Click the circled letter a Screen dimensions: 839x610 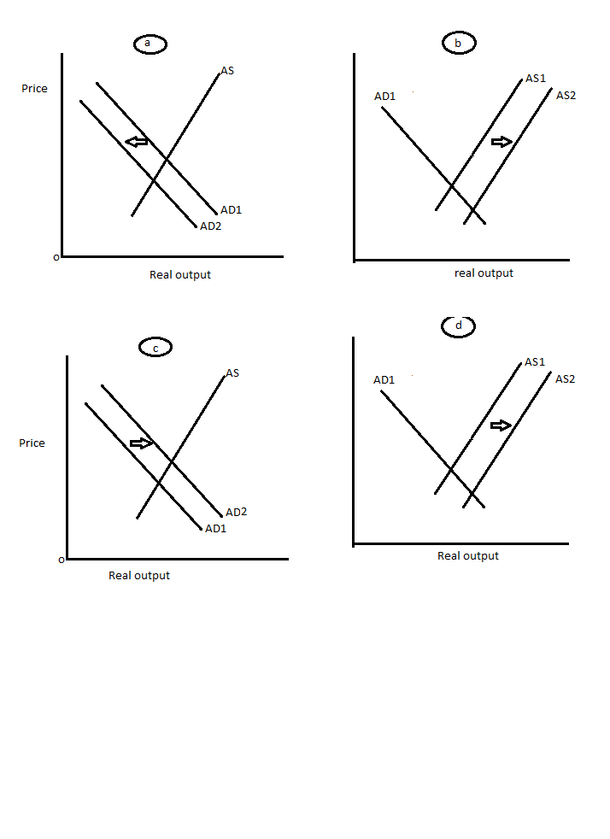(149, 44)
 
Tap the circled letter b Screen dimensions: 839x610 (459, 43)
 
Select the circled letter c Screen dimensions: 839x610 (155, 347)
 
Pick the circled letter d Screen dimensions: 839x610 (459, 326)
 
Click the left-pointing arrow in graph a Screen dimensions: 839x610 (137, 142)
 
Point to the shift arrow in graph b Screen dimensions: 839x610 (501, 141)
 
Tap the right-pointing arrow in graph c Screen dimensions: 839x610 (141, 443)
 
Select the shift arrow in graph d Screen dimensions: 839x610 (501, 425)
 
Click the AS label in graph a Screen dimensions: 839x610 (227, 70)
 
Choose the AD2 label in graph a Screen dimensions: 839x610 (210, 226)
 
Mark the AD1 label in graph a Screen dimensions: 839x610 (232, 209)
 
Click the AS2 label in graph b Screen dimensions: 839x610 (566, 95)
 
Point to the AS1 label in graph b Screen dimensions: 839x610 (536, 78)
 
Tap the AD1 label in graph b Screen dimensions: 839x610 (384, 96)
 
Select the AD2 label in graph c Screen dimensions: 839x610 (236, 512)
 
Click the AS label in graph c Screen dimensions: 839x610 (232, 373)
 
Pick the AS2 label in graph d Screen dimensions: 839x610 (565, 378)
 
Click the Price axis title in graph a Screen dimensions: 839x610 (35, 89)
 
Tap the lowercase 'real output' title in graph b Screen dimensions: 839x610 (484, 273)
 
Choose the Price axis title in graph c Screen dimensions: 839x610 (32, 443)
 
